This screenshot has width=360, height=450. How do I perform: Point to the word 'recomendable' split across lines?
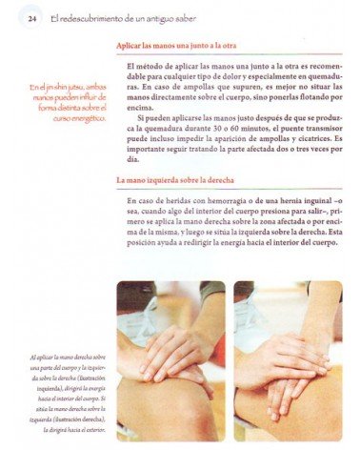[x=321, y=63]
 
